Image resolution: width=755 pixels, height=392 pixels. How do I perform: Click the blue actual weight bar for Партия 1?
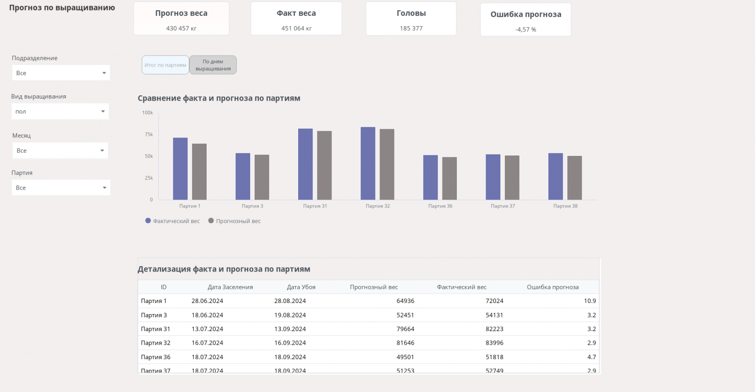point(180,169)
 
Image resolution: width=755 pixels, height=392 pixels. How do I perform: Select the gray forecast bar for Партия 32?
point(387,165)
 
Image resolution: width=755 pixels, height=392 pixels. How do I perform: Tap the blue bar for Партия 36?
point(430,178)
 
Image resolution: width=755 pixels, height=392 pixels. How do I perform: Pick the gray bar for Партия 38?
point(574,178)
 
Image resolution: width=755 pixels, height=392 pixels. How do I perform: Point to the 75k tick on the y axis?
point(149,135)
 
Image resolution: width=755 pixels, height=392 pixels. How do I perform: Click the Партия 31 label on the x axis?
point(315,206)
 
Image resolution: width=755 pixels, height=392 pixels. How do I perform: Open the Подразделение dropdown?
point(61,73)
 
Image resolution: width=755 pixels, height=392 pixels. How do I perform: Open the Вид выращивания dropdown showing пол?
point(60,111)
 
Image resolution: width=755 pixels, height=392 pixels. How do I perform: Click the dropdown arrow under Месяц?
point(102,151)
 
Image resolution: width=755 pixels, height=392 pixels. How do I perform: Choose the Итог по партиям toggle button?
point(165,65)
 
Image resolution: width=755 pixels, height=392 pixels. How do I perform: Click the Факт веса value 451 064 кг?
point(296,29)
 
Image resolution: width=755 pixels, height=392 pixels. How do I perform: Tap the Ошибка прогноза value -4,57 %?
point(526,30)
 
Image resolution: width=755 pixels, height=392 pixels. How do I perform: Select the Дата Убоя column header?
point(301,287)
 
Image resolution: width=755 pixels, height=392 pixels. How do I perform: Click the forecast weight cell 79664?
point(405,329)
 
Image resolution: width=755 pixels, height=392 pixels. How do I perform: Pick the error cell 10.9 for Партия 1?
point(589,301)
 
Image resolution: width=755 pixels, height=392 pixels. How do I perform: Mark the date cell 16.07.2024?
point(207,343)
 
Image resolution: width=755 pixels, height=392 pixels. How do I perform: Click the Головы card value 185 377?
point(411,29)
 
